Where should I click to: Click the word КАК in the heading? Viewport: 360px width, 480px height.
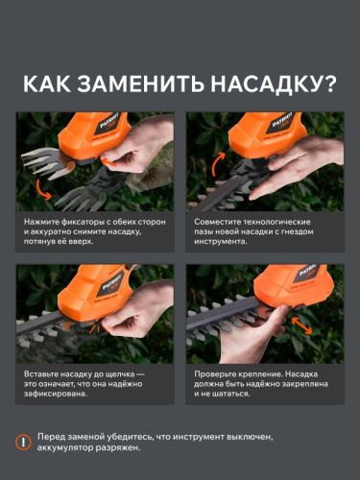click(x=48, y=84)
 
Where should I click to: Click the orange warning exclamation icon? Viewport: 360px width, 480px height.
click(x=24, y=442)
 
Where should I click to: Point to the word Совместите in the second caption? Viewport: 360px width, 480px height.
click(x=218, y=222)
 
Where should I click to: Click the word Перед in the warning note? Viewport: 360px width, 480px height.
click(x=53, y=437)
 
